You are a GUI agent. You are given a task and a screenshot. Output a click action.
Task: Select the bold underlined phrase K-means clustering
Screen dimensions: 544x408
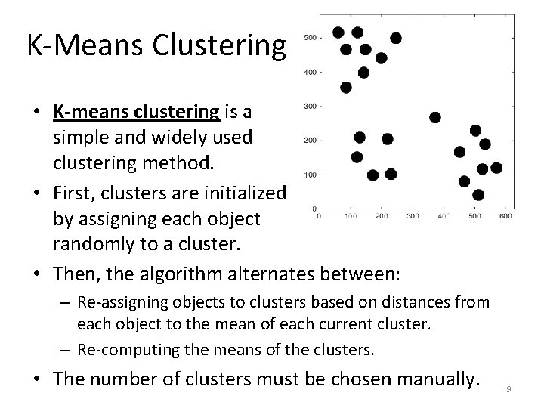point(136,113)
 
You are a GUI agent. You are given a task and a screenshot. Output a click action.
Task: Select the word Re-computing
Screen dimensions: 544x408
point(121,351)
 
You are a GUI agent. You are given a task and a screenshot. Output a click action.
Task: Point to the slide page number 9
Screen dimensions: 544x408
point(509,390)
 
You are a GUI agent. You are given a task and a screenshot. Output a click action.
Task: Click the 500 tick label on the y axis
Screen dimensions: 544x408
point(309,37)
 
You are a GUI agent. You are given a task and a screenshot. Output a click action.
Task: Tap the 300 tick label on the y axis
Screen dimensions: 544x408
point(309,107)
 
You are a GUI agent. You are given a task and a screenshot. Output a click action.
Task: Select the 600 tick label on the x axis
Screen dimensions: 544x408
point(505,216)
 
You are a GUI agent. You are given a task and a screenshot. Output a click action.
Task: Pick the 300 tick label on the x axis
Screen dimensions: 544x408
point(412,216)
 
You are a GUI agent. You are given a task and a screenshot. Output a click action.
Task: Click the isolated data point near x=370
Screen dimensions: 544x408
point(435,117)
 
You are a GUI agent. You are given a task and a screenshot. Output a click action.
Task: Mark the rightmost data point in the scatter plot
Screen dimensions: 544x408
point(496,168)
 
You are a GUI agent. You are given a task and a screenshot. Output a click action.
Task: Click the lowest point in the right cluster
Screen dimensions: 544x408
point(478,195)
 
